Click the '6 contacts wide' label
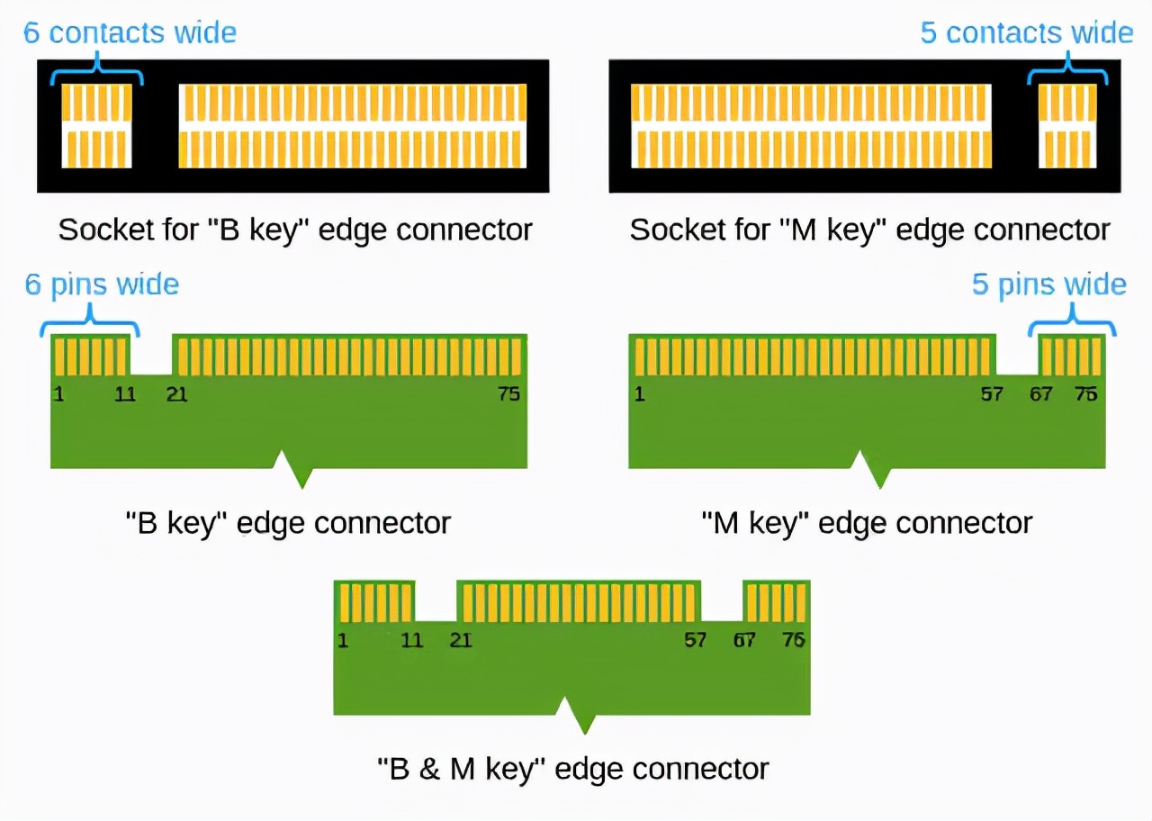point(130,33)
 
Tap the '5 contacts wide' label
point(1026,33)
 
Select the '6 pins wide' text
point(102,284)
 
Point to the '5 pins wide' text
point(1048,284)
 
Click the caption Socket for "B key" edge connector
point(295,230)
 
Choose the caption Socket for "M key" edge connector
point(869,230)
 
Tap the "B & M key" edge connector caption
point(572,769)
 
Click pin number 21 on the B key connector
point(177,393)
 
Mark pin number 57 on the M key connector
point(991,393)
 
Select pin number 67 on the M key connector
point(1040,393)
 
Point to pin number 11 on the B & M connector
point(411,640)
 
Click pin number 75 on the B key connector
point(508,393)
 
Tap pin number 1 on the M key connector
point(640,393)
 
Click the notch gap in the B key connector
point(151,355)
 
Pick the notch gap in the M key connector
point(1017,355)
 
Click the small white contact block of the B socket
point(96,125)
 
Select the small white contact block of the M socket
point(1067,125)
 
